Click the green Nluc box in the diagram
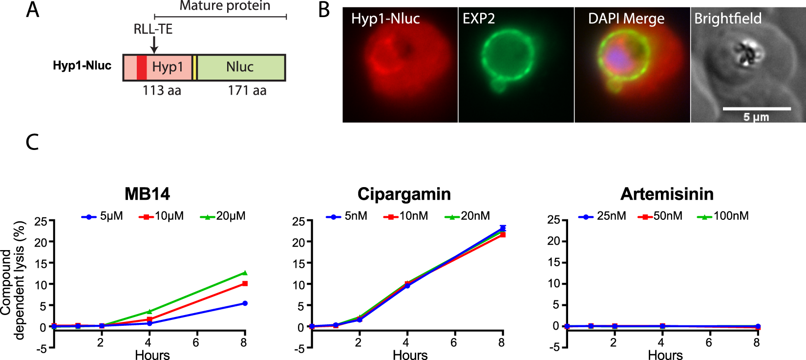coord(240,67)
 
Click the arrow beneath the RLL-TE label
coord(154,45)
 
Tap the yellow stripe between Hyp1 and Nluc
coord(194,67)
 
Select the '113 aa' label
coord(162,91)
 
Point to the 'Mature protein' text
coord(225,6)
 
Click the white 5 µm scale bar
coord(756,108)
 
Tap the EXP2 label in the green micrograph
coord(479,19)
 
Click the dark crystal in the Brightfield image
coord(746,53)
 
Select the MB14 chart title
coord(147,194)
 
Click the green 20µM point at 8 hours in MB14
coord(245,273)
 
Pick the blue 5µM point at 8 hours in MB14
coord(245,303)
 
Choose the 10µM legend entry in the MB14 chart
coord(162,216)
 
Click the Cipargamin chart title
coord(404,194)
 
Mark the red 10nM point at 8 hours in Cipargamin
coord(502,235)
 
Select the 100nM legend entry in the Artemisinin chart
coord(723,216)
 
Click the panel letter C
coord(32,142)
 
